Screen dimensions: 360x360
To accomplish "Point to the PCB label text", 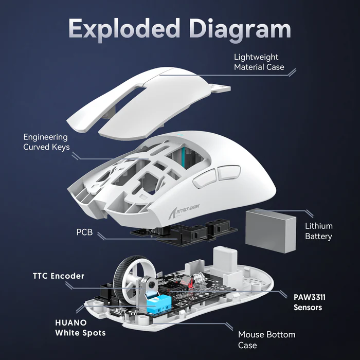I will [x=84, y=232].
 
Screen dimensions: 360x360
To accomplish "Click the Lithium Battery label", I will [x=318, y=231].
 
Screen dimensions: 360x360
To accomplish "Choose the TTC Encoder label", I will [x=55, y=276].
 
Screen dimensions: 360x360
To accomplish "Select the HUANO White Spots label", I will [x=80, y=328].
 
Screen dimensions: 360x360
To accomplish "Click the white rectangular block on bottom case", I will [x=226, y=257].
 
